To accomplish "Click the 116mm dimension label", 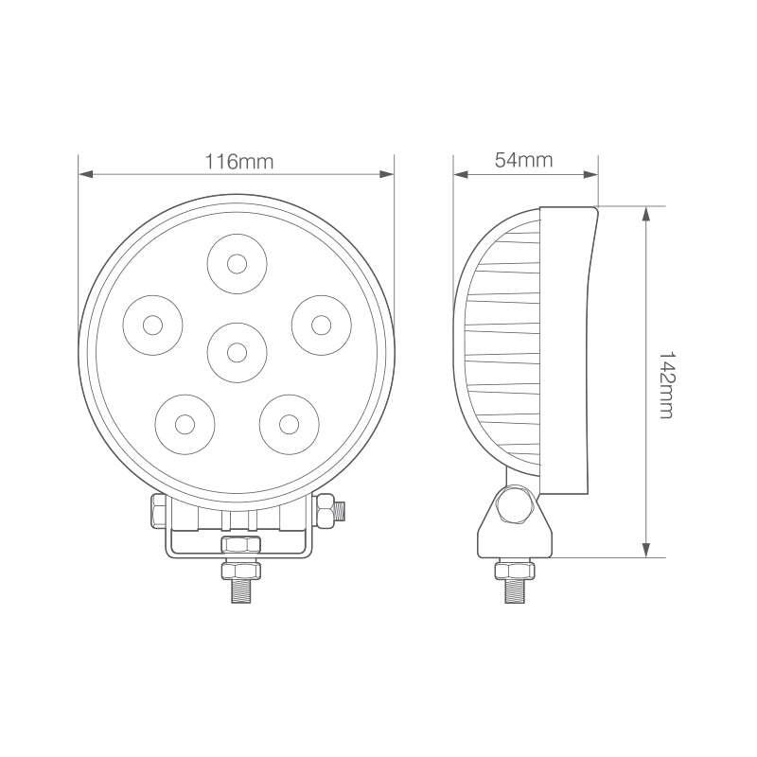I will point(238,161).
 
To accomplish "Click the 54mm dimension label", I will point(523,160).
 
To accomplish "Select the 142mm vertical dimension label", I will point(665,382).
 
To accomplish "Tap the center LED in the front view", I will point(237,352).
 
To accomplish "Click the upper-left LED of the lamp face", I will point(152,326).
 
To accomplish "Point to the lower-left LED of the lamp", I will point(185,422).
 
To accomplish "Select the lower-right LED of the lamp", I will point(288,422).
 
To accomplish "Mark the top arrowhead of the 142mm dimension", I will point(646,213).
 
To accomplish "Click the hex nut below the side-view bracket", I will point(516,569).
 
